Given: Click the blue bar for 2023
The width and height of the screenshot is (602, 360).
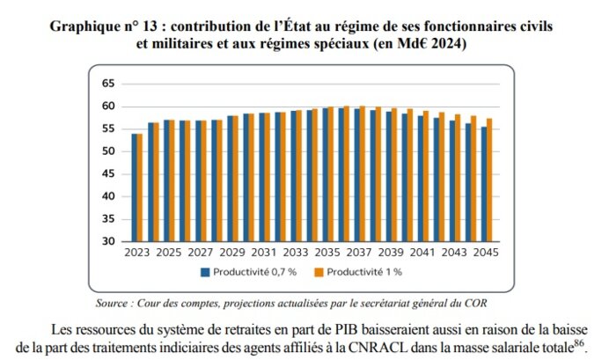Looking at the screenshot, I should coord(135,187).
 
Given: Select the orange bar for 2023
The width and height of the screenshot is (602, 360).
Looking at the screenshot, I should coord(140,187).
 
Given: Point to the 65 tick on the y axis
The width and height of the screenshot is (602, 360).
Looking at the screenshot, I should coord(109,84).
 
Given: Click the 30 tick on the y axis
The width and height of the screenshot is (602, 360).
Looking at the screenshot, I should coord(109,241).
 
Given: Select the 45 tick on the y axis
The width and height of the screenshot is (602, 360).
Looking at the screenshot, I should coord(109,174).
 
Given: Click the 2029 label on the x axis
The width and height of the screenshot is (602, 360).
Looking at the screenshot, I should coord(232,253).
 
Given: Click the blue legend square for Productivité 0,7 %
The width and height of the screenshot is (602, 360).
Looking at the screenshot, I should coord(204,273).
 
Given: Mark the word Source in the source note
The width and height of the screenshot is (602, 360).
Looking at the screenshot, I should coord(114,303).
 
